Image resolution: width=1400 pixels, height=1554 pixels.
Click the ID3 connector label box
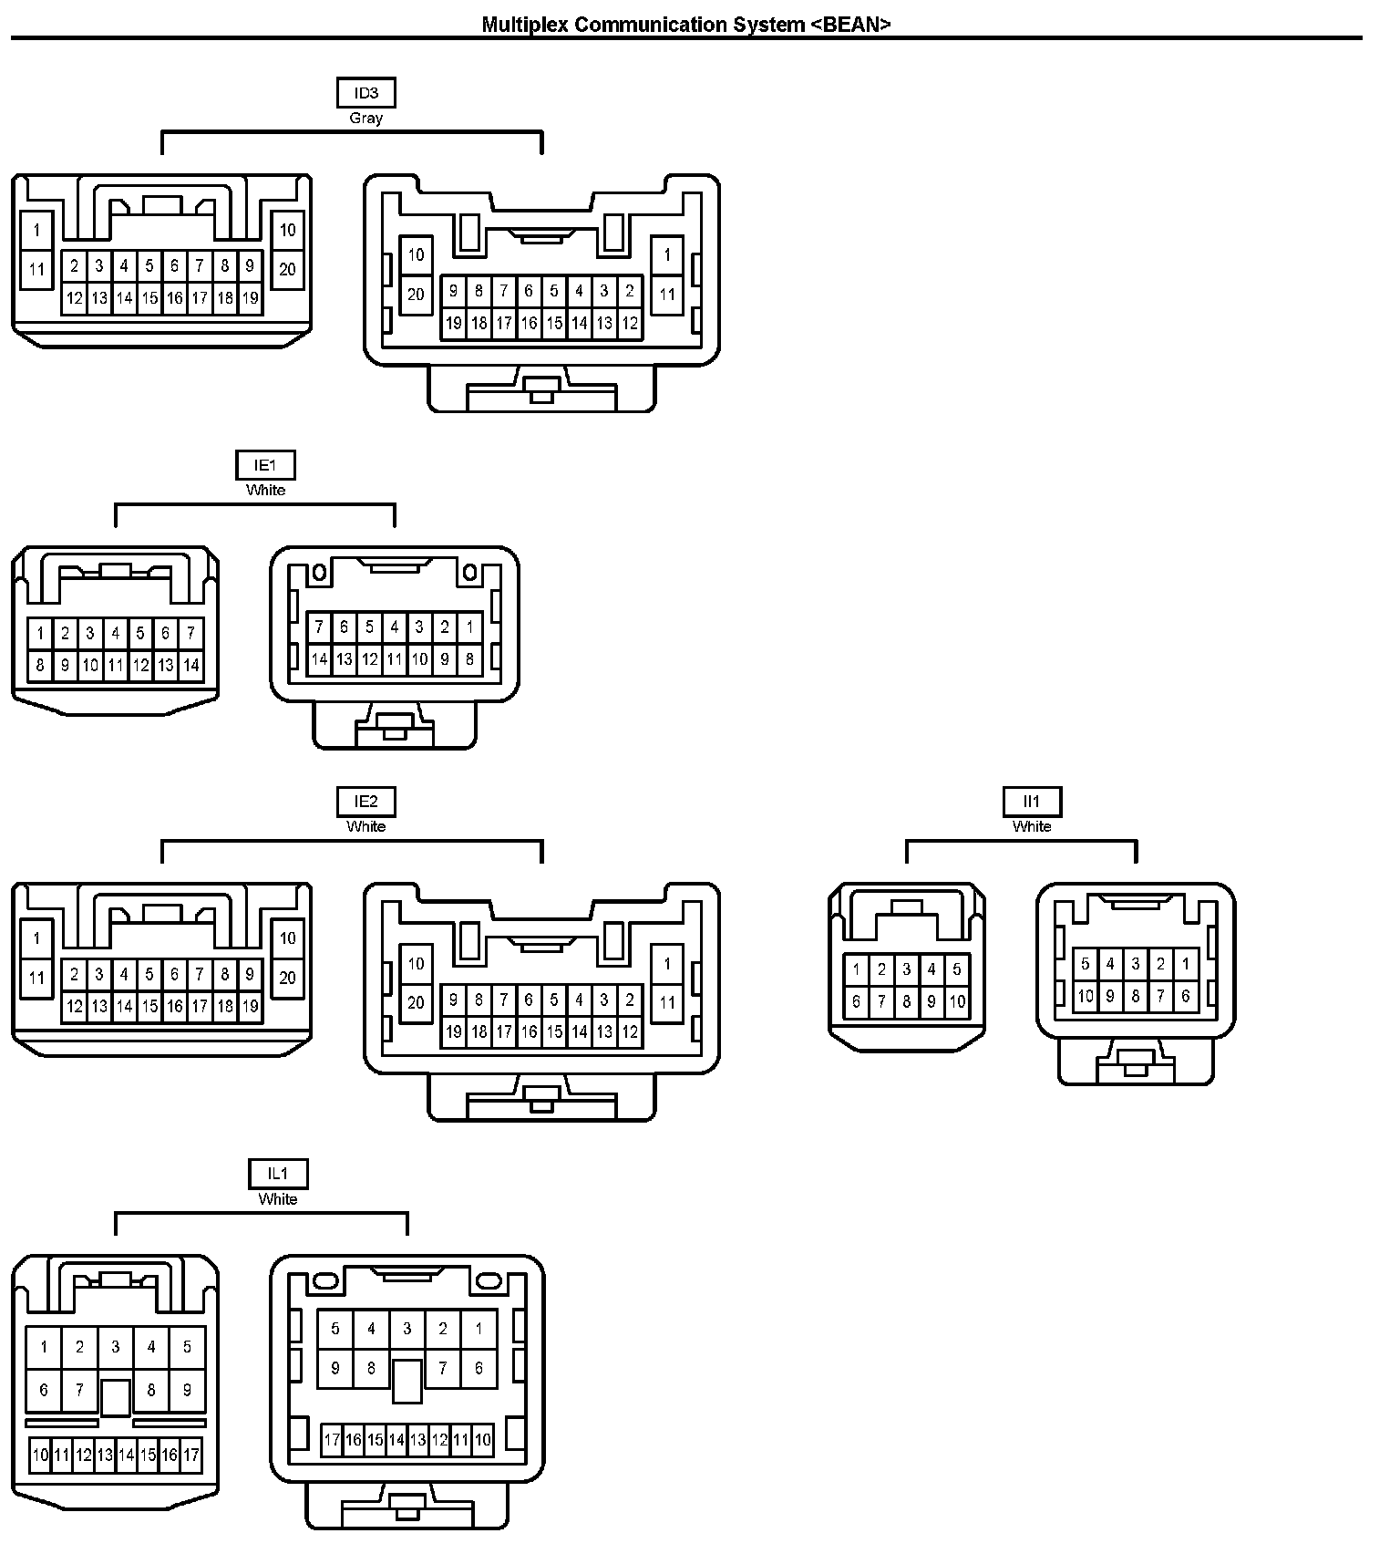click(x=365, y=93)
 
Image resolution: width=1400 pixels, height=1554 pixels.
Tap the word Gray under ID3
click(x=365, y=119)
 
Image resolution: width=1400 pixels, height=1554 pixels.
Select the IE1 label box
click(x=265, y=465)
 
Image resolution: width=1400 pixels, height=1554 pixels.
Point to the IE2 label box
click(x=365, y=802)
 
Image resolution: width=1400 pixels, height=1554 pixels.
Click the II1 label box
click(x=1032, y=802)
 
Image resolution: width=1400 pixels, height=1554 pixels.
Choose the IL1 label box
click(x=278, y=1174)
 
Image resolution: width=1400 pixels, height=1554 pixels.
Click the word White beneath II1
click(x=1032, y=827)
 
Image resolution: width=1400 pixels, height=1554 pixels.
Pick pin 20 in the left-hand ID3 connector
click(x=288, y=269)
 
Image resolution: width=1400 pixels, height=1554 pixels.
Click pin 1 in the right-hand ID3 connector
click(x=667, y=255)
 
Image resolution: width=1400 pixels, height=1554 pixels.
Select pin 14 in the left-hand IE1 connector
click(x=190, y=666)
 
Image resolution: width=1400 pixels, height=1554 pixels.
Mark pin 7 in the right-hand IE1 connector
click(x=319, y=627)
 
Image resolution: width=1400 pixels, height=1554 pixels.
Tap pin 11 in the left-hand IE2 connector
click(x=36, y=978)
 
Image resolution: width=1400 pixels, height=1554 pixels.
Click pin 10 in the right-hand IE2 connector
click(x=416, y=963)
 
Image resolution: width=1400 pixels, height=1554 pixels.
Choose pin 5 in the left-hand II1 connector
click(x=957, y=969)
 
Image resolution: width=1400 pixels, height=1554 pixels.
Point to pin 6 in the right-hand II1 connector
click(x=1186, y=996)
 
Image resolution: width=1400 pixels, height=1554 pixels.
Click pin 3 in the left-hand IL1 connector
click(x=115, y=1346)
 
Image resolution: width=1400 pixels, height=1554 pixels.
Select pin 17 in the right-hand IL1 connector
click(x=332, y=1440)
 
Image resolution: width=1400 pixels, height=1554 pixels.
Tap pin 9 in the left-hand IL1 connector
click(x=187, y=1391)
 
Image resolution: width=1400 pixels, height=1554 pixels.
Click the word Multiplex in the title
click(x=525, y=25)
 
